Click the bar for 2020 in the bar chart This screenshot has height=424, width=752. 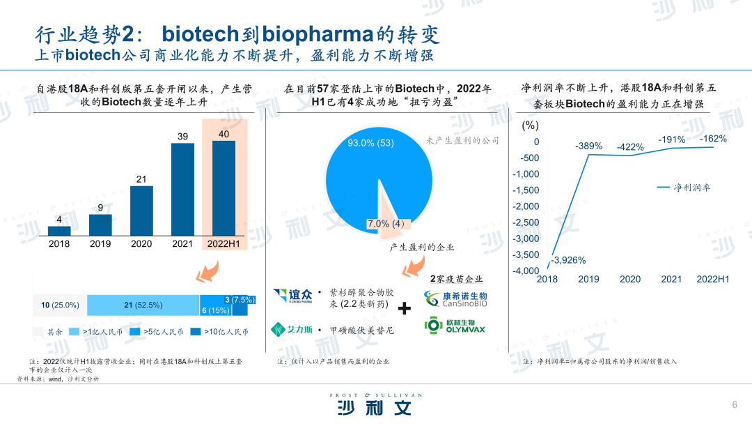click(x=141, y=211)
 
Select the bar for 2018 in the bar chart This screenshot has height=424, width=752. click(x=59, y=231)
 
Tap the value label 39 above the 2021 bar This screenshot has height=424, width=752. click(x=182, y=137)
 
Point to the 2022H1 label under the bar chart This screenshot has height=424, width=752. click(x=224, y=244)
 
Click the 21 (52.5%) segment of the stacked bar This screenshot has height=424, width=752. click(x=143, y=305)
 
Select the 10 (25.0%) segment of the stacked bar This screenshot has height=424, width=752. click(x=60, y=305)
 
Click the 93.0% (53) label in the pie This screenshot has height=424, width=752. click(x=370, y=143)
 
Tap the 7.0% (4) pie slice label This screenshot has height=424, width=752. click(x=386, y=224)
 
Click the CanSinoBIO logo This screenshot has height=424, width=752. click(x=455, y=299)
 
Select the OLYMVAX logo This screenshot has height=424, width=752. click(x=455, y=326)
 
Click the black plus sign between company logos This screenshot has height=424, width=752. click(x=405, y=308)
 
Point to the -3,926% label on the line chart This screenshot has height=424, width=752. click(x=568, y=260)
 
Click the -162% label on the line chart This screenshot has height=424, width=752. click(x=713, y=139)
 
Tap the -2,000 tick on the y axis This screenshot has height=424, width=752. click(x=526, y=206)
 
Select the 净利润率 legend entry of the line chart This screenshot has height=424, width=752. click(x=684, y=188)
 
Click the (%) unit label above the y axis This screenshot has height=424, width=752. click(x=531, y=126)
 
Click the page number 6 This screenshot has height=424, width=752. click(x=735, y=404)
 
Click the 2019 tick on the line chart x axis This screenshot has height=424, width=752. click(x=588, y=280)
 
